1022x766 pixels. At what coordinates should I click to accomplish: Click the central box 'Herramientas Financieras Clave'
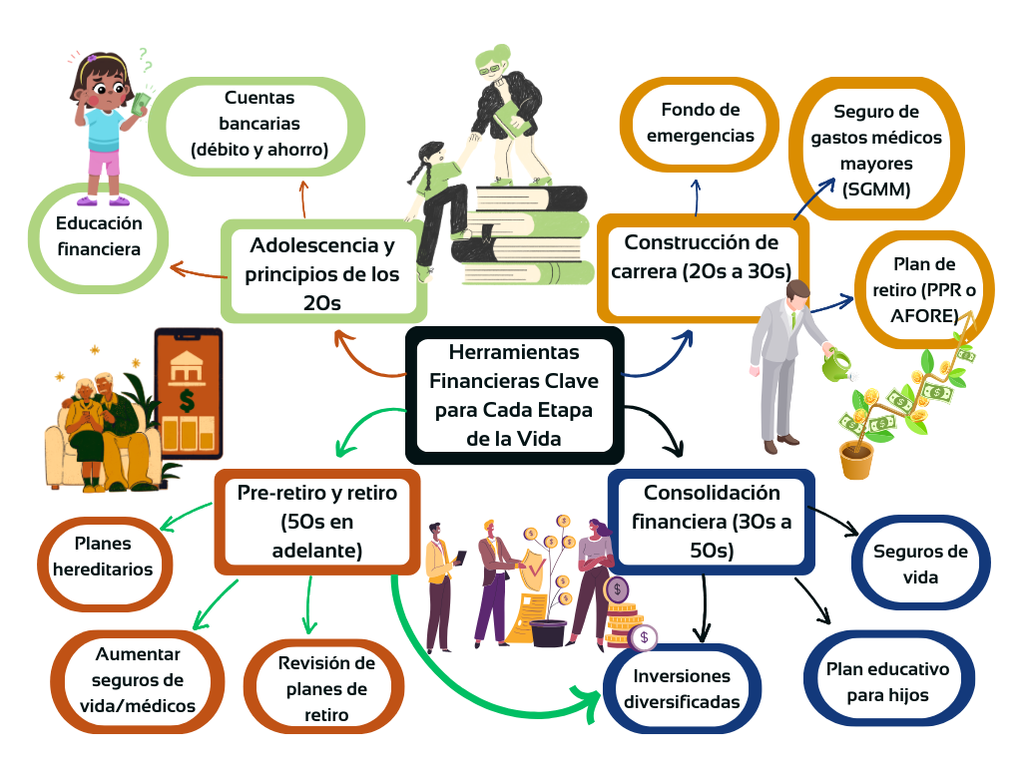click(x=514, y=394)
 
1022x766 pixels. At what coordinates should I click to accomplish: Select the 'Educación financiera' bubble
click(x=98, y=236)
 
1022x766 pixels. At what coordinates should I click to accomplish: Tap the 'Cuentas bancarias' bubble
click(x=259, y=124)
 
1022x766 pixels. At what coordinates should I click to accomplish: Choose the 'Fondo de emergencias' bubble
click(x=700, y=123)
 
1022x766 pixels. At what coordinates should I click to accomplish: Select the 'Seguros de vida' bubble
click(x=920, y=564)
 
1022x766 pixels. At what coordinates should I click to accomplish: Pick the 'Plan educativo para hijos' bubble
click(x=887, y=681)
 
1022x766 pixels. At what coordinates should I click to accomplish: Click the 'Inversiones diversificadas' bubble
click(x=682, y=689)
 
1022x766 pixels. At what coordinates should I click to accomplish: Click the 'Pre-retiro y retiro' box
click(x=317, y=520)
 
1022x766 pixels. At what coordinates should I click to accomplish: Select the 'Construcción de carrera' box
click(x=702, y=256)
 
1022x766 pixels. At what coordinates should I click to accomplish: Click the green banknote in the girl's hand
click(x=140, y=101)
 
